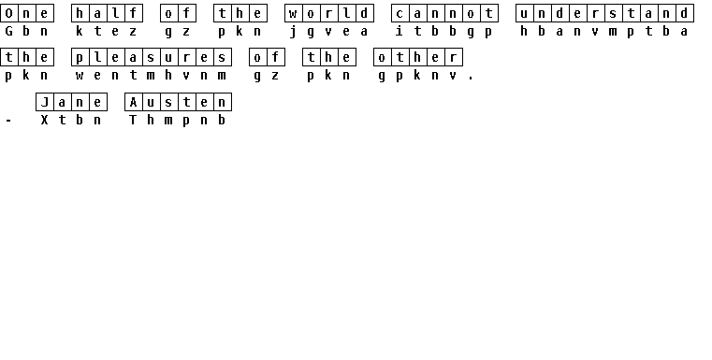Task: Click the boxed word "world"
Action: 329,13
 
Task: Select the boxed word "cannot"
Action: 445,13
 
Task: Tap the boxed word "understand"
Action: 604,13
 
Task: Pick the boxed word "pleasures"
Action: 152,57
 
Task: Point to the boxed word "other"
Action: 418,57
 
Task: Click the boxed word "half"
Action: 107,13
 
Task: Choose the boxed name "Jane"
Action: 71,102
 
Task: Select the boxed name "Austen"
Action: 178,102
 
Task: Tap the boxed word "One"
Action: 27,13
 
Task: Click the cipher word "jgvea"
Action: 328,31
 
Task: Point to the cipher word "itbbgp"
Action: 444,31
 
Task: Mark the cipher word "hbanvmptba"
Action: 604,31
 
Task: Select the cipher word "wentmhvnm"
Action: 152,76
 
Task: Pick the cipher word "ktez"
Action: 107,31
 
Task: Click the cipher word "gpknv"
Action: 418,76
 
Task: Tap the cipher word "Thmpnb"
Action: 178,120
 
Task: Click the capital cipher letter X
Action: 44,120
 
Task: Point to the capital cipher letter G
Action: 8,31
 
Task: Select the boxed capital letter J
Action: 45,102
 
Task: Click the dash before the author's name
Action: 8,121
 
